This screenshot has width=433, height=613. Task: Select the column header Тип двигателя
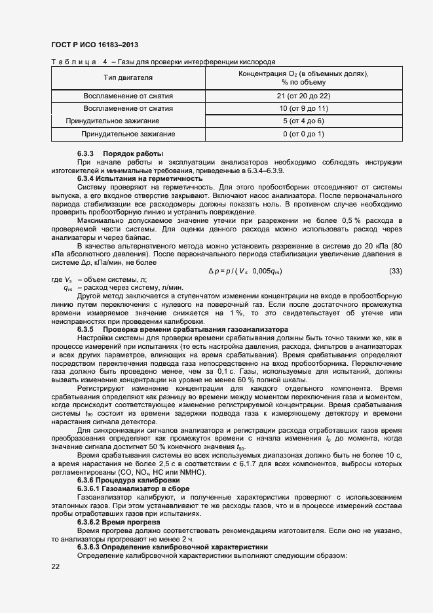[x=128, y=78]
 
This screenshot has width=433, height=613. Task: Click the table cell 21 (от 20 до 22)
[x=303, y=96]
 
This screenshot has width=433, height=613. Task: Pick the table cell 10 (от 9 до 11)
[x=303, y=108]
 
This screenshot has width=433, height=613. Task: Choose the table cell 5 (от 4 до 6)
[x=303, y=121]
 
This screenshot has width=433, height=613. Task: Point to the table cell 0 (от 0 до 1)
[x=303, y=134]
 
